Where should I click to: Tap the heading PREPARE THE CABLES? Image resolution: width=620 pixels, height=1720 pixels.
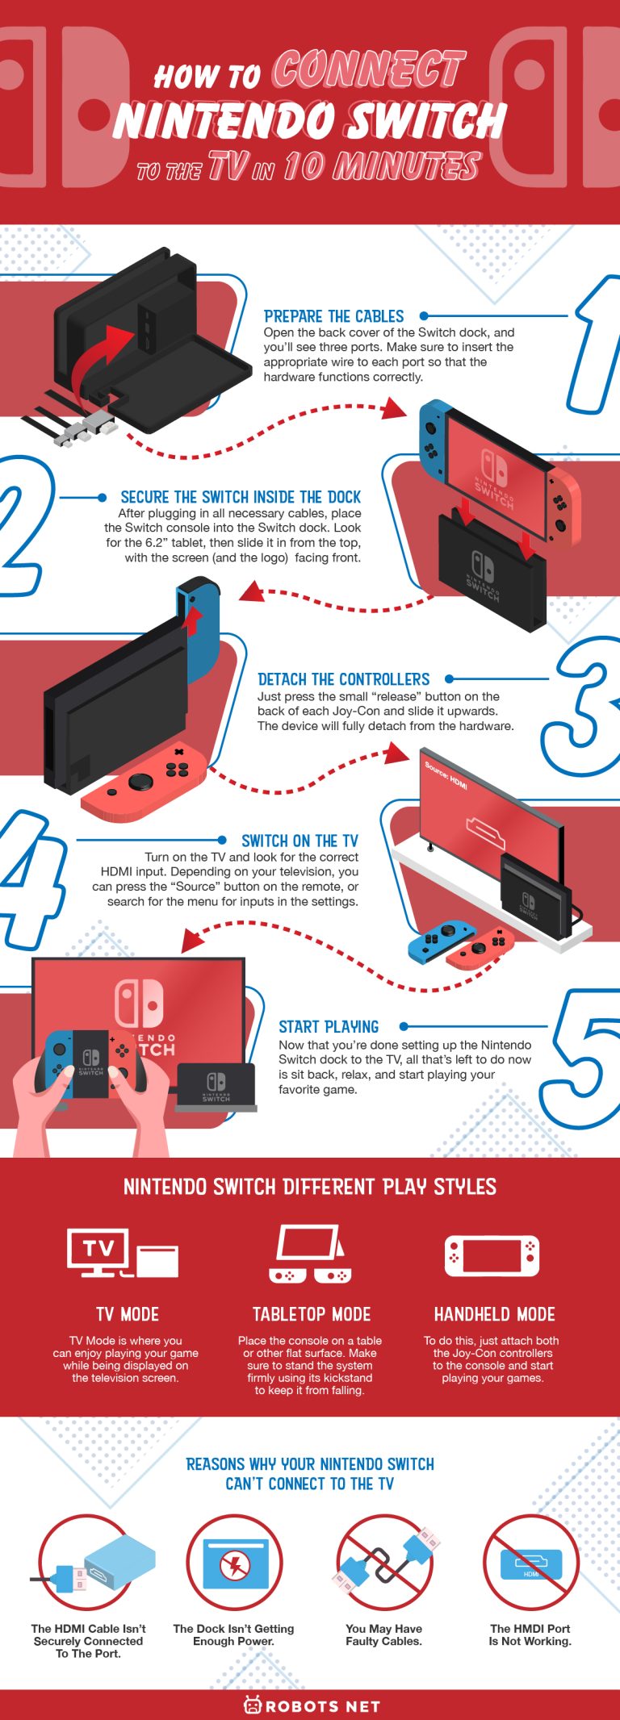333,316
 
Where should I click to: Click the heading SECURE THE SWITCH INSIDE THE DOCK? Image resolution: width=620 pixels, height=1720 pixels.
241,497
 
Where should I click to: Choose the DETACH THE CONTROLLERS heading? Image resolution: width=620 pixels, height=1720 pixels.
343,679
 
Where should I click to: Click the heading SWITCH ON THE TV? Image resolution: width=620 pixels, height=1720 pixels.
300,841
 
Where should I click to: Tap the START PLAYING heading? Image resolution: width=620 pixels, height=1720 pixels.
329,1026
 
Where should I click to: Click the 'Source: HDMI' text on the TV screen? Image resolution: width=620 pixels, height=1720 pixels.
446,774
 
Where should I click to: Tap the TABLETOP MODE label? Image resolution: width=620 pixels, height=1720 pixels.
312,1314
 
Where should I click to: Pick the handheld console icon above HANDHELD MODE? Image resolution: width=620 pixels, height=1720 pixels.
492,1256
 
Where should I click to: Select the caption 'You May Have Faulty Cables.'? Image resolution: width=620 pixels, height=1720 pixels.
383,1634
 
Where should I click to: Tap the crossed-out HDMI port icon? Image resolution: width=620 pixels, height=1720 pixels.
530,1563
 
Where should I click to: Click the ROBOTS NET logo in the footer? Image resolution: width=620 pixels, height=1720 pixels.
311,1705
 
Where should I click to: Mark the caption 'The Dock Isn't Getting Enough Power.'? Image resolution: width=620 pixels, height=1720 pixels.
233,1634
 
